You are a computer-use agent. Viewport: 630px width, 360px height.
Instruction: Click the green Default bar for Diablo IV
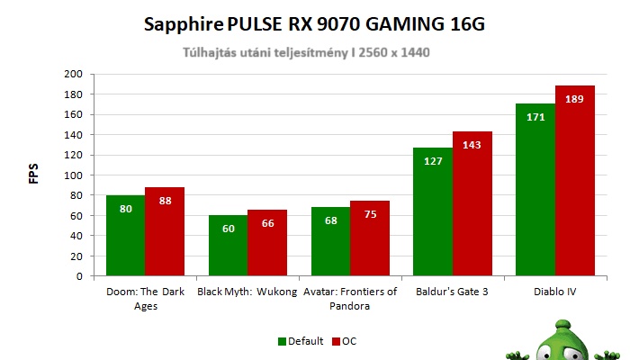click(535, 190)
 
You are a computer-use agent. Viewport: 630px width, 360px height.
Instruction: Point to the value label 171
click(535, 117)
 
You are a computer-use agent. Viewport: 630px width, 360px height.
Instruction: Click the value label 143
click(472, 145)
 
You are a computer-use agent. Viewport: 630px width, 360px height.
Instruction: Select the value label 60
click(228, 229)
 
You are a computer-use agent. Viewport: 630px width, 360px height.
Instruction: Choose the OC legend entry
click(344, 341)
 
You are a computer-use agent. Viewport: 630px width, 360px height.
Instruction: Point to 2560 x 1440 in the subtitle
click(386, 52)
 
